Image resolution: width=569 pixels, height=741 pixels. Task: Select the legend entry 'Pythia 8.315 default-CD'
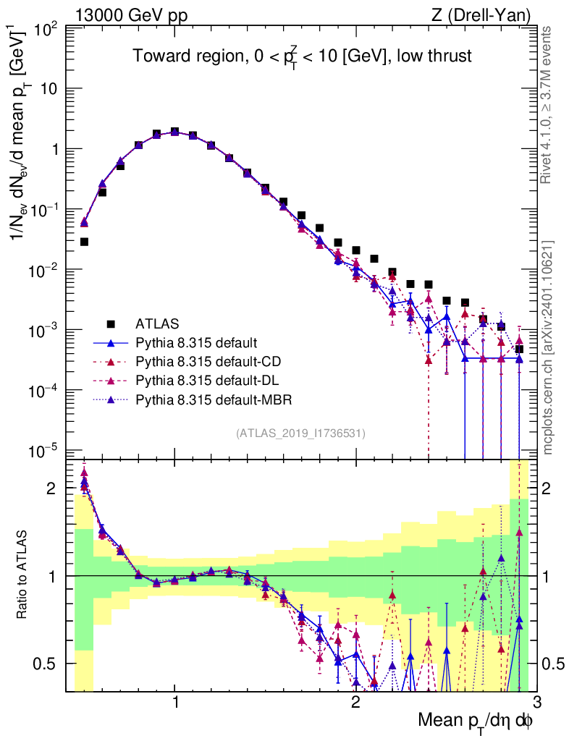tap(205, 360)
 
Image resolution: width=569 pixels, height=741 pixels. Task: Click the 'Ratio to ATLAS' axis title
tap(24, 576)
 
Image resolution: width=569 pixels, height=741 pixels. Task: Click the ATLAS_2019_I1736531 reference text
tap(300, 433)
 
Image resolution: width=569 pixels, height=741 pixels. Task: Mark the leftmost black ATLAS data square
tap(84, 242)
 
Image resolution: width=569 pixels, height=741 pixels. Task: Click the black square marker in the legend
tap(110, 323)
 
